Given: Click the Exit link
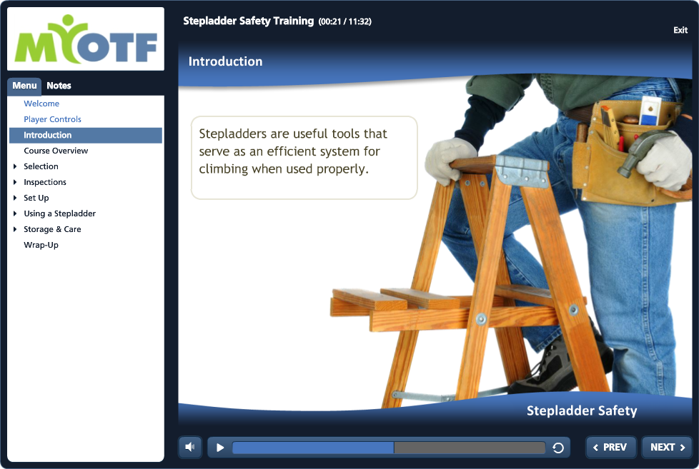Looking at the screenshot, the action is click(680, 30).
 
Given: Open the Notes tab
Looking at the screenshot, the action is click(59, 86).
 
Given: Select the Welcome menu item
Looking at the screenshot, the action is click(41, 104).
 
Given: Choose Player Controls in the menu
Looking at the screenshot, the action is click(52, 119).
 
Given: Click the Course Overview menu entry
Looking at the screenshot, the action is click(56, 151).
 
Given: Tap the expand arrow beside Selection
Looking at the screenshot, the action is click(15, 166).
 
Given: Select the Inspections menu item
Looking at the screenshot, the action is click(44, 182).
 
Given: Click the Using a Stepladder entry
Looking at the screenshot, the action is click(60, 213).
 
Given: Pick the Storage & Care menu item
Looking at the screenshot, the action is click(52, 229).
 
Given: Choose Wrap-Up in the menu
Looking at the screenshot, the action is click(41, 245).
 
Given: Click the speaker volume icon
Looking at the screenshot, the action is click(190, 447).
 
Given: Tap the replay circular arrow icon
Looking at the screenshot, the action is click(558, 448).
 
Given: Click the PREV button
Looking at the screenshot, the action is click(610, 447).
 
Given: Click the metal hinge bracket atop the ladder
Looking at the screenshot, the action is click(522, 171).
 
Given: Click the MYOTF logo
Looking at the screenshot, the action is click(86, 39).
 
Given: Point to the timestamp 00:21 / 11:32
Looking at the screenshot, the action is click(344, 21).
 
